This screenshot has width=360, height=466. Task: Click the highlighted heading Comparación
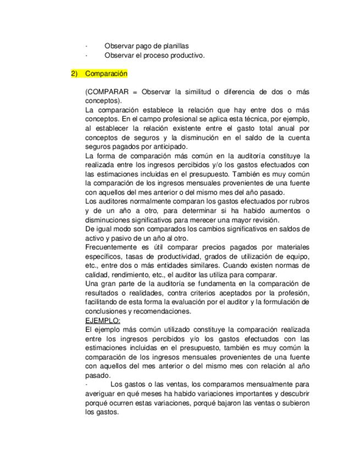106,74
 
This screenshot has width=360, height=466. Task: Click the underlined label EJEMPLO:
103,320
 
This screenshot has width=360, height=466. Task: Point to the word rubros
298,201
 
